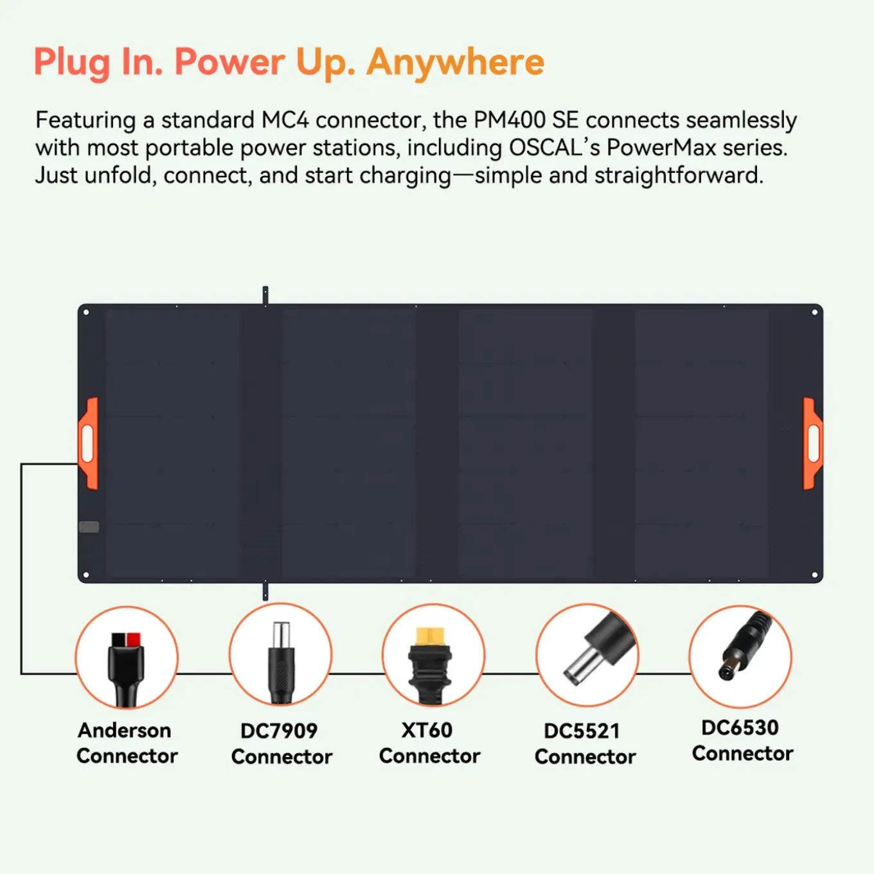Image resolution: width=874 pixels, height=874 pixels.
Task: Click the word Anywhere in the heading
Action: click(x=455, y=63)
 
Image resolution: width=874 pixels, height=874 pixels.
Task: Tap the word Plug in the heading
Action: click(x=72, y=63)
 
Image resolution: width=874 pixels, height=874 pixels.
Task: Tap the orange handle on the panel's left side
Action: click(x=88, y=443)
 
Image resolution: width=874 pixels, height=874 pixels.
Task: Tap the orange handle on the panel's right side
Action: click(x=812, y=443)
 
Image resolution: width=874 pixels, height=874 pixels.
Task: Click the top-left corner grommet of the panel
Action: click(x=86, y=312)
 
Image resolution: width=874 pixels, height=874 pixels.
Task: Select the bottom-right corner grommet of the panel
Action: click(x=815, y=575)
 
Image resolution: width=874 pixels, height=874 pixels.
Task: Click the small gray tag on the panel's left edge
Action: click(x=89, y=526)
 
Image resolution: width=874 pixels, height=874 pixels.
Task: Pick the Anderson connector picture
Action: click(x=127, y=657)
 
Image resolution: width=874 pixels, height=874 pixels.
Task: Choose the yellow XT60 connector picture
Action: click(x=433, y=655)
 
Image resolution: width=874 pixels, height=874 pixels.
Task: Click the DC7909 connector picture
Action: click(x=280, y=654)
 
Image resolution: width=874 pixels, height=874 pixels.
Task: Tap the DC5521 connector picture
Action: click(x=587, y=655)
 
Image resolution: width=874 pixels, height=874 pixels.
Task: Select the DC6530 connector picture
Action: click(x=740, y=656)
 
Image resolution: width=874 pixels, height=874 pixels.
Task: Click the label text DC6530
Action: click(x=740, y=727)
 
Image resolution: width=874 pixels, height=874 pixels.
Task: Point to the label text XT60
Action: click(x=427, y=730)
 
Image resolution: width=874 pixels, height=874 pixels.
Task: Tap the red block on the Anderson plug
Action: click(x=134, y=640)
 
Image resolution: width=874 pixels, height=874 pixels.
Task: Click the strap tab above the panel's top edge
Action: click(x=265, y=295)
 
